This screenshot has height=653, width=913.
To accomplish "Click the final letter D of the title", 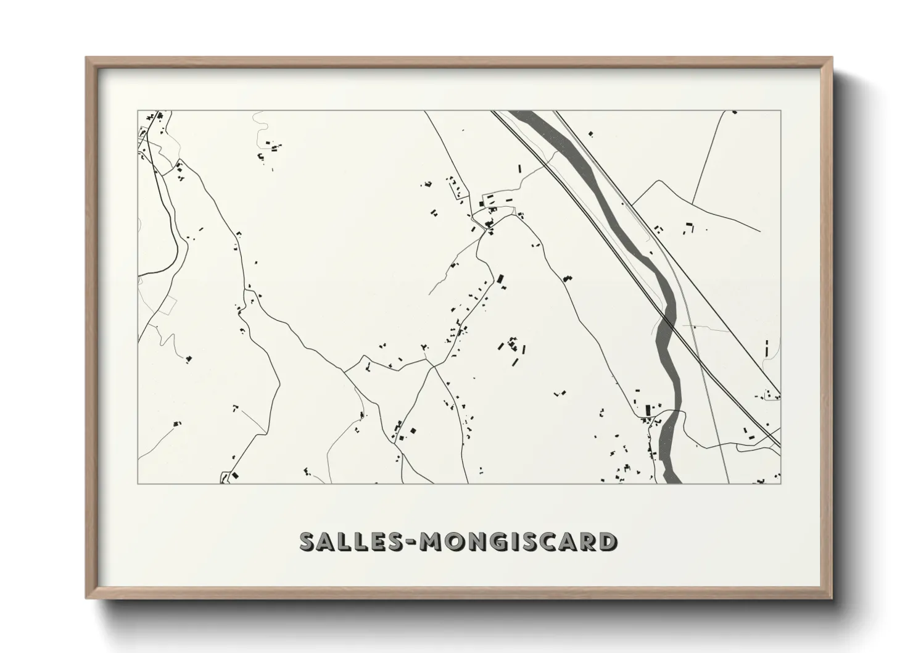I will click(606, 542).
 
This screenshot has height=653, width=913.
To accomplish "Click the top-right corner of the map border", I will click(780, 111).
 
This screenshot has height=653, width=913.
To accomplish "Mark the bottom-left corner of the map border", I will click(138, 483).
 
